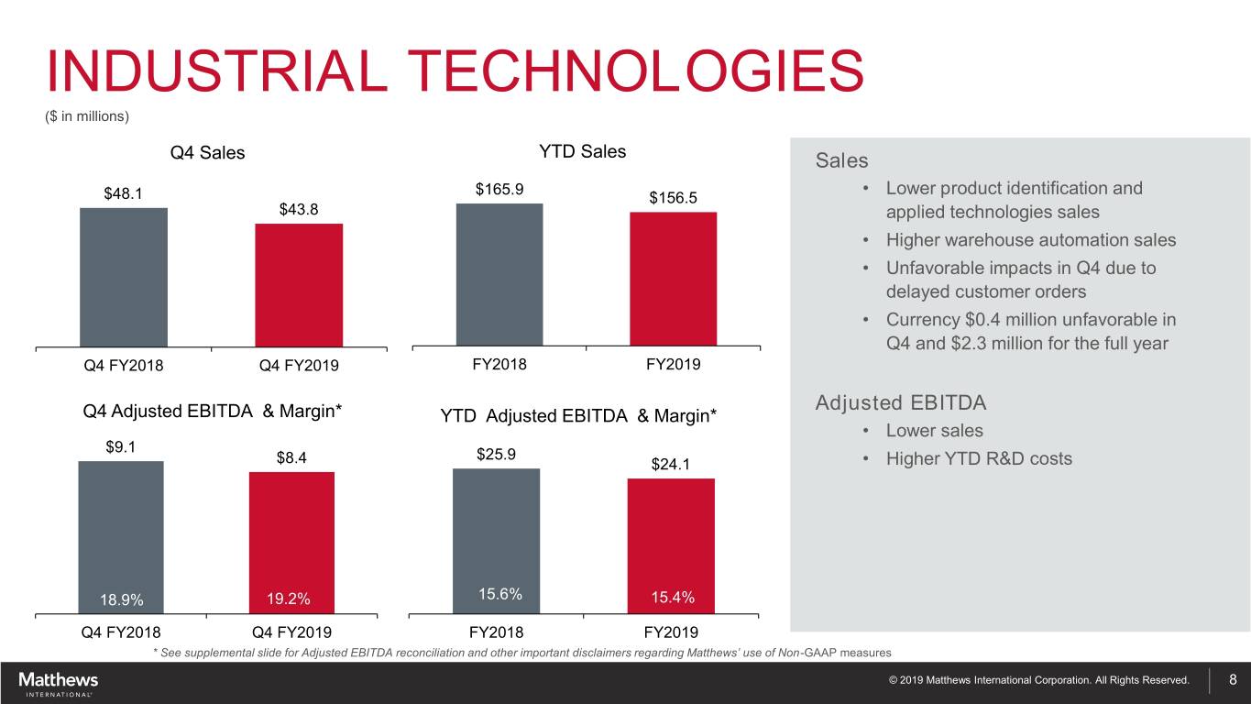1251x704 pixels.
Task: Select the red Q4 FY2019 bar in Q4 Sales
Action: click(x=299, y=285)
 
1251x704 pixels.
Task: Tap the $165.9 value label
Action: click(x=499, y=190)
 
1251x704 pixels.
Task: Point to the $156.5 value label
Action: click(x=673, y=198)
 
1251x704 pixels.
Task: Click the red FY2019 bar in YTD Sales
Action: click(x=673, y=280)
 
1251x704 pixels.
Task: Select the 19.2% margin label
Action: click(x=289, y=599)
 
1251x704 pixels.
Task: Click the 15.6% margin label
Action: click(x=499, y=594)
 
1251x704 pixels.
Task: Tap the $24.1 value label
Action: click(x=670, y=465)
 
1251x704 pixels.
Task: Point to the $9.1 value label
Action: click(x=122, y=447)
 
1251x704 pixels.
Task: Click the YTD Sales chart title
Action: click(x=582, y=151)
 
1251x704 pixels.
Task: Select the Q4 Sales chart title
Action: click(x=208, y=153)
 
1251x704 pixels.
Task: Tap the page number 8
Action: click(x=1233, y=679)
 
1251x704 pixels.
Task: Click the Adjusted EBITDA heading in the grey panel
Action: click(x=900, y=403)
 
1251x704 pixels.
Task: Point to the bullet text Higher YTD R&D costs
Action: click(x=978, y=458)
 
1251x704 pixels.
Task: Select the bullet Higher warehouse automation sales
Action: click(x=1030, y=240)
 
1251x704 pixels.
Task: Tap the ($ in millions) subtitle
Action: click(x=87, y=116)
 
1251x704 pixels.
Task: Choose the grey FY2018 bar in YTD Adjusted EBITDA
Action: click(x=496, y=541)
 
